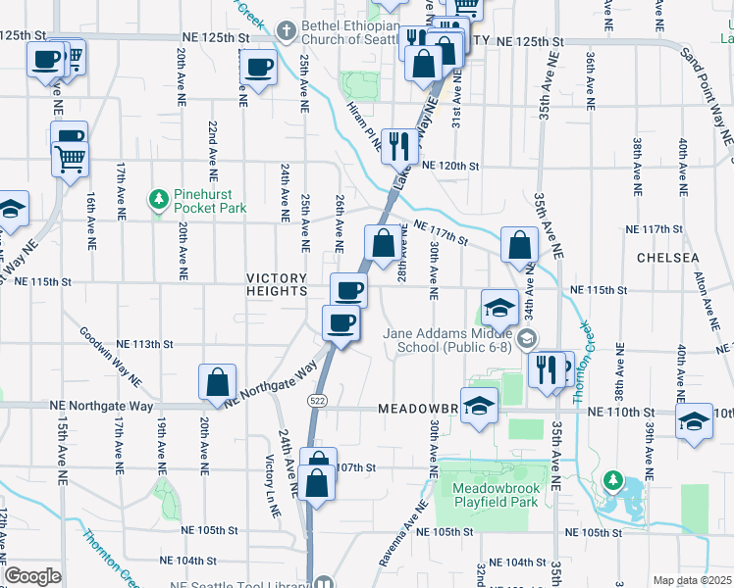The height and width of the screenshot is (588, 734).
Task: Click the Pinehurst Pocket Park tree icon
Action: pyautogui.click(x=158, y=201)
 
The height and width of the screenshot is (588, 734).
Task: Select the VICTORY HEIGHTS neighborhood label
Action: pyautogui.click(x=278, y=283)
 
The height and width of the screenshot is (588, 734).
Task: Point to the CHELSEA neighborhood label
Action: pyautogui.click(x=667, y=257)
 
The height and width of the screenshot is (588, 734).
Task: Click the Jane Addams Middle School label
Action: pyautogui.click(x=448, y=340)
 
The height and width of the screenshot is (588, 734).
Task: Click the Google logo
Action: pyautogui.click(x=32, y=576)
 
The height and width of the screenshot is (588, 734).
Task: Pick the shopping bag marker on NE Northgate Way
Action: pyautogui.click(x=217, y=383)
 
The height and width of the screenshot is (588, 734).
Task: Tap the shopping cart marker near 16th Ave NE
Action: pyautogui.click(x=70, y=158)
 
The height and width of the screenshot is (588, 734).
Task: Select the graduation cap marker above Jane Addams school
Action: pyautogui.click(x=499, y=306)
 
